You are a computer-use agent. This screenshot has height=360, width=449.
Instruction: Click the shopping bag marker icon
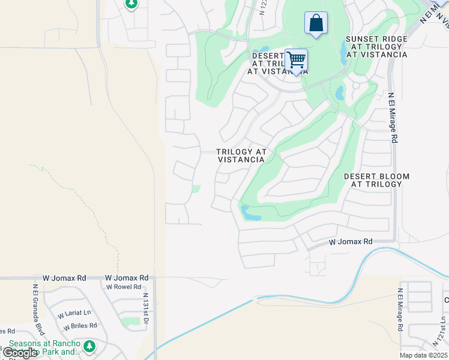[x=316, y=24]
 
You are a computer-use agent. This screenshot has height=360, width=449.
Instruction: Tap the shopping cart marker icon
[x=296, y=61]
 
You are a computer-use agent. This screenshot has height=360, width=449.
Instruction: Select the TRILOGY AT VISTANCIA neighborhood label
[x=241, y=156]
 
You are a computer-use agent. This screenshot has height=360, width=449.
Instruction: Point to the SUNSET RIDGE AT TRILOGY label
[x=376, y=47]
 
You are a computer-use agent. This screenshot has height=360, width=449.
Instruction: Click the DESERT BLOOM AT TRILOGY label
[x=376, y=180]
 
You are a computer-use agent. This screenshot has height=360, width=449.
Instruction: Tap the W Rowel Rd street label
[x=124, y=287]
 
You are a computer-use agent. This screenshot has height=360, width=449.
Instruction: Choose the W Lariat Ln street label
[x=74, y=313]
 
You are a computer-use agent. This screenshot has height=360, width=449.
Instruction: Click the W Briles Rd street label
[x=80, y=326]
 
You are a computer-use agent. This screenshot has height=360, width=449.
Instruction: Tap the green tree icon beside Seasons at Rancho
[x=89, y=346]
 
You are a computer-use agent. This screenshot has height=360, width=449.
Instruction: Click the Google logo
[x=19, y=353]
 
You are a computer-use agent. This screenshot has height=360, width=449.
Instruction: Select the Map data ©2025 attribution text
[x=423, y=355]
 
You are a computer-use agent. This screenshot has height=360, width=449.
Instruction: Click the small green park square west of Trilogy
[x=196, y=189]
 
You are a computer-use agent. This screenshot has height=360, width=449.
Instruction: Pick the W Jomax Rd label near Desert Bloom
[x=351, y=242]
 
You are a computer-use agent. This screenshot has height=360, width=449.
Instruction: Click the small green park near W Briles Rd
[x=130, y=322]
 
